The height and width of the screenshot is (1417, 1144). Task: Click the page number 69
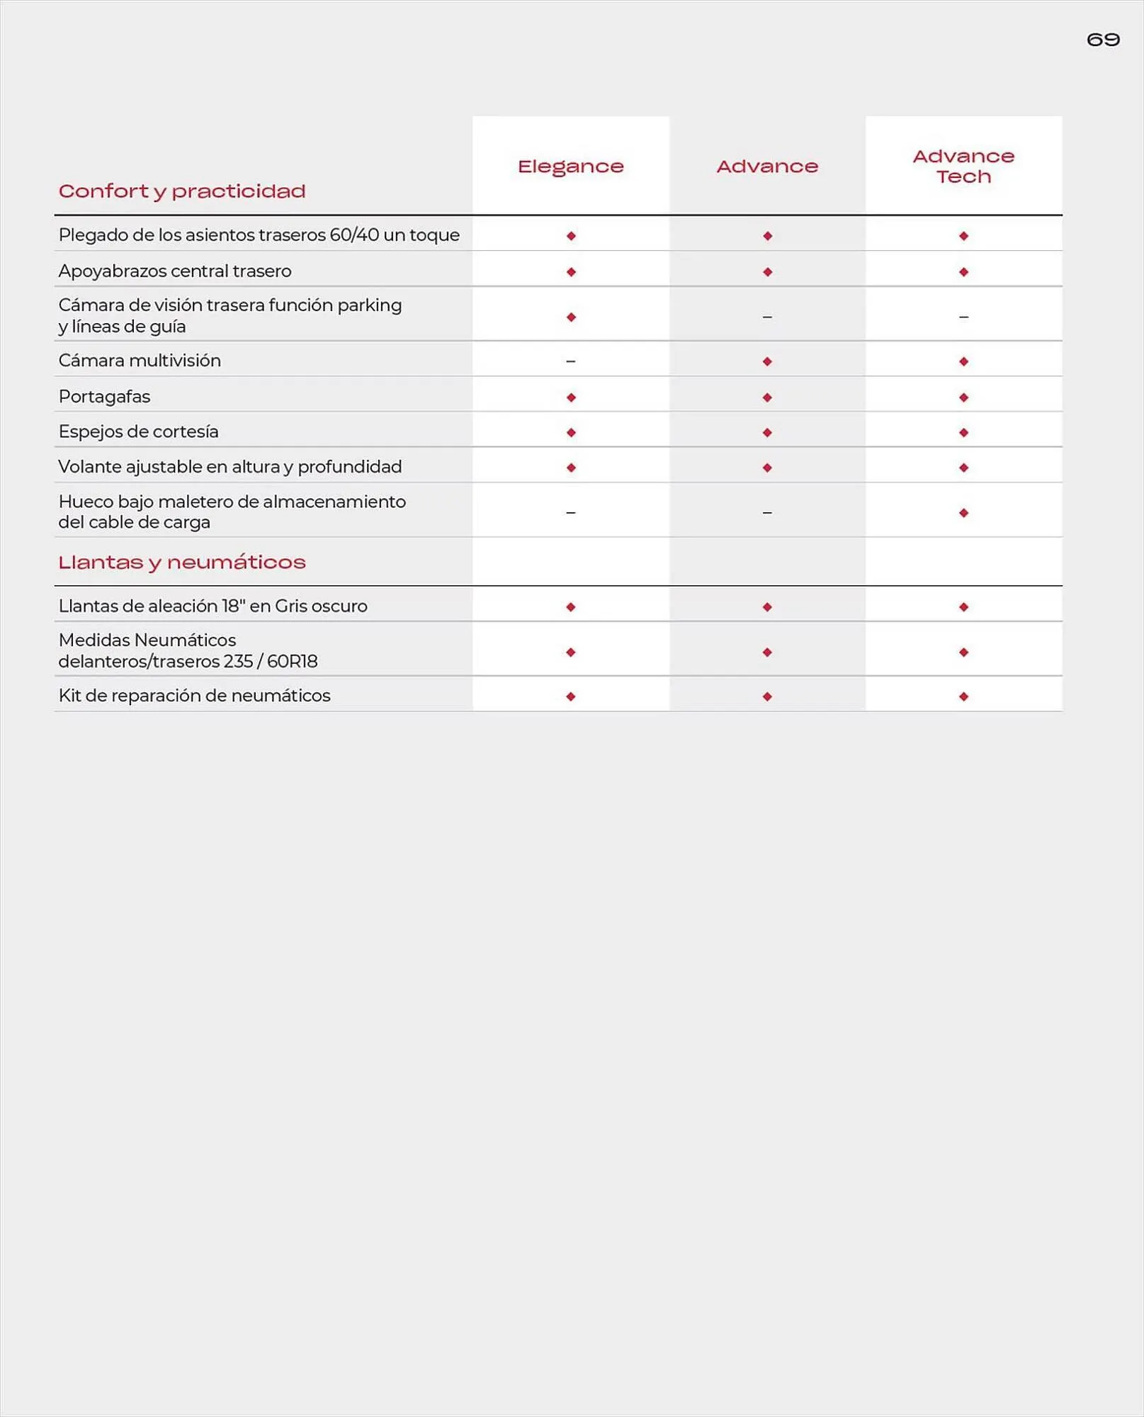click(x=1103, y=40)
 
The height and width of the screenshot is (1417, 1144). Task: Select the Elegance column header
click(x=570, y=166)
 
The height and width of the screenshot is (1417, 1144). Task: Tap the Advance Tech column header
click(x=963, y=166)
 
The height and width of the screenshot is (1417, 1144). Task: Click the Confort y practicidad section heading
click(x=182, y=191)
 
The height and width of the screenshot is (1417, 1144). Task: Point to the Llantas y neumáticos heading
click(x=182, y=563)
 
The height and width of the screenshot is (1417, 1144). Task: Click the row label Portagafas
click(x=104, y=397)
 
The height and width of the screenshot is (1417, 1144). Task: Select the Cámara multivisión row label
click(x=140, y=361)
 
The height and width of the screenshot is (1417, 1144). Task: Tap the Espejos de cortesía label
click(x=138, y=431)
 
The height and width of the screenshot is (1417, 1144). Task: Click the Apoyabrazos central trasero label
click(x=175, y=271)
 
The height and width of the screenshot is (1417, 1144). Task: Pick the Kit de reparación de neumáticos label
click(x=194, y=696)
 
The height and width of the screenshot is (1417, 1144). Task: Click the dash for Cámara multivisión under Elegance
click(x=570, y=361)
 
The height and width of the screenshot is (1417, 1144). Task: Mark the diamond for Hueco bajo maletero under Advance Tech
click(x=963, y=513)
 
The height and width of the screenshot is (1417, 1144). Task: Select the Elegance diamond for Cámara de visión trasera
click(x=571, y=317)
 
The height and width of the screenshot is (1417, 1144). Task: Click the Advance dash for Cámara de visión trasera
click(x=767, y=317)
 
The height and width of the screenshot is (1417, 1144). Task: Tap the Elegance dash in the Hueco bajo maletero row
click(x=570, y=512)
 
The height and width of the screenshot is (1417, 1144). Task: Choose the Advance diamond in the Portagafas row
click(x=767, y=397)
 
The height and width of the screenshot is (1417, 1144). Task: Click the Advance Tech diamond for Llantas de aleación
click(x=963, y=607)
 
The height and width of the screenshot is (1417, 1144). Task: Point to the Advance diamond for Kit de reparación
click(x=767, y=696)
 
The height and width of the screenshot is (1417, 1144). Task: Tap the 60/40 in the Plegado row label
click(x=354, y=235)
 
